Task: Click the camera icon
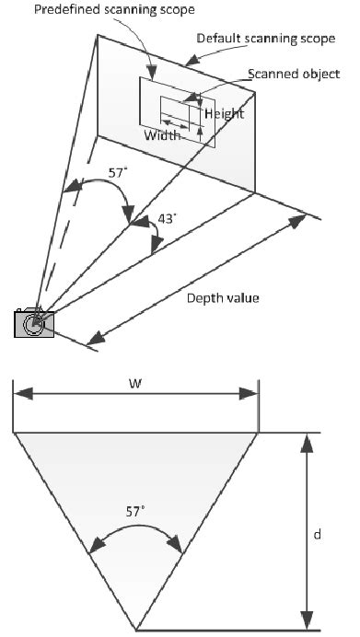pyautogui.click(x=34, y=324)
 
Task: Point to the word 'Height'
pyautogui.click(x=224, y=113)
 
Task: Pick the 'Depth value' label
pyautogui.click(x=223, y=297)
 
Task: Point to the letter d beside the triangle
pyautogui.click(x=343, y=533)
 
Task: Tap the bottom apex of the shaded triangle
pyautogui.click(x=136, y=631)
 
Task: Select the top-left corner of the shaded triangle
pyautogui.click(x=15, y=433)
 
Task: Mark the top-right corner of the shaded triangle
pyautogui.click(x=257, y=433)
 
